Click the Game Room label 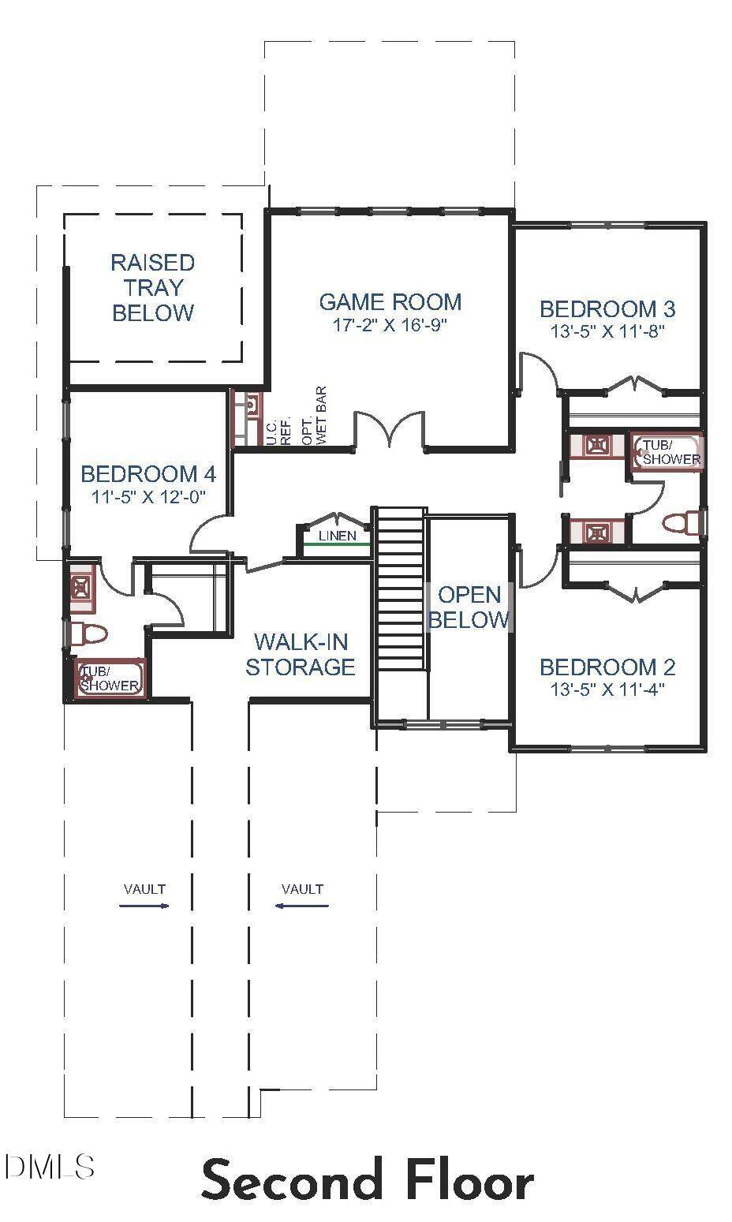coord(390,301)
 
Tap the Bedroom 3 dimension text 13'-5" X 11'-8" coord(607,331)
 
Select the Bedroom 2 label coord(607,667)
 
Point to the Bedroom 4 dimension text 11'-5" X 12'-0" coord(148,496)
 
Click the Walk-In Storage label coord(301,654)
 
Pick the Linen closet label coord(337,536)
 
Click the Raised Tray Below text coord(153,287)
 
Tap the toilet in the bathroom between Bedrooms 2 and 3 coord(682,522)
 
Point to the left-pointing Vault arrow coord(301,906)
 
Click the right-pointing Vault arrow coord(144,906)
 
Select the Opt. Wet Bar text coord(315,416)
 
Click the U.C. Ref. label coord(278,432)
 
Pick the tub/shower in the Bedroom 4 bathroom coord(110,678)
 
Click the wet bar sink coord(251,405)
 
